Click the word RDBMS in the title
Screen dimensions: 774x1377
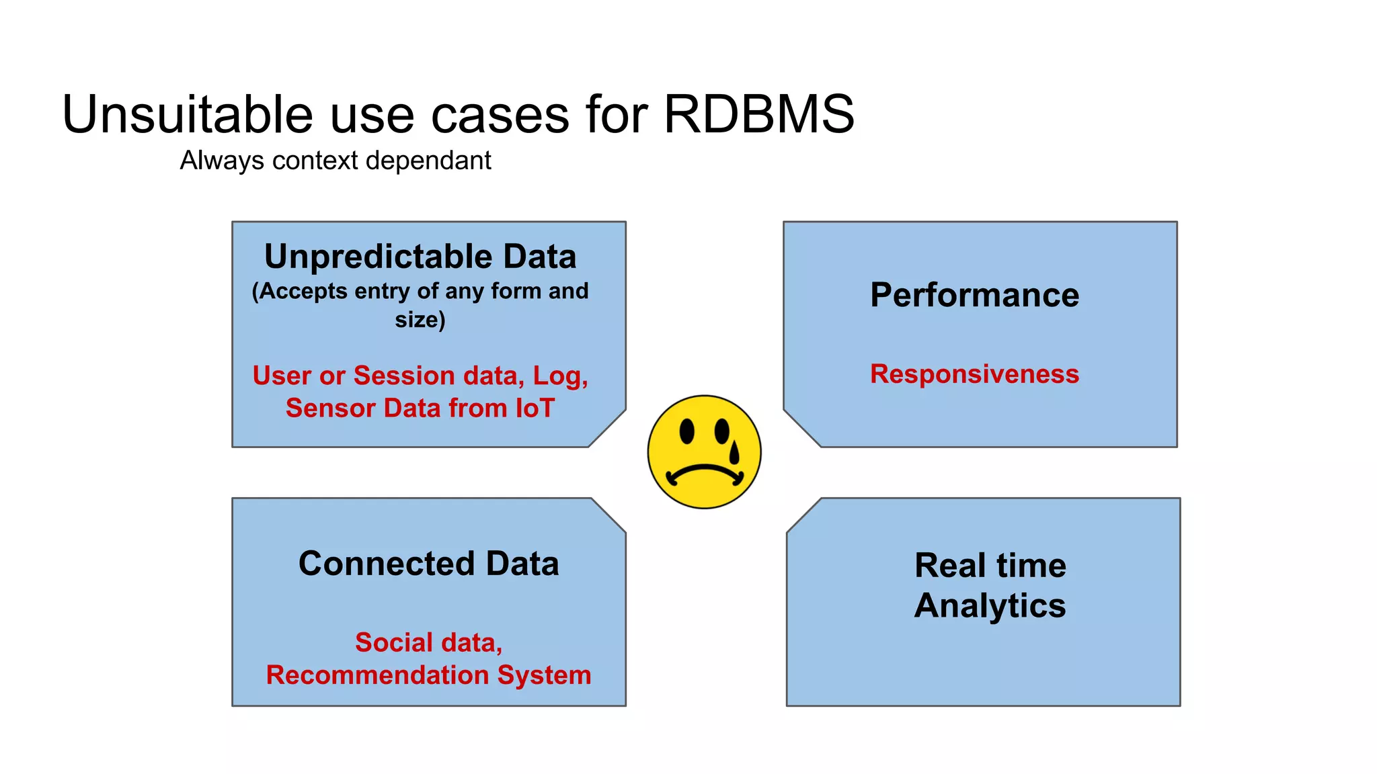tap(758, 114)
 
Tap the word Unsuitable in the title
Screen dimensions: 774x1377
tap(187, 114)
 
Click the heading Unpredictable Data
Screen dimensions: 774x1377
tap(420, 257)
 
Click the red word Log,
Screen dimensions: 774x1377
tap(560, 376)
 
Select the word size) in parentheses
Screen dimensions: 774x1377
tap(420, 319)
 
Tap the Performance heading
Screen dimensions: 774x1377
tap(974, 295)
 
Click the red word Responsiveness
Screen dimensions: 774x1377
tap(974, 374)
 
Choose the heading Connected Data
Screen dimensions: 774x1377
tap(428, 563)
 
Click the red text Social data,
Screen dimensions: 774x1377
tap(428, 642)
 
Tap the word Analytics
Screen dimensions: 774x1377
tap(990, 605)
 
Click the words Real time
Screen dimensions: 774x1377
tap(990, 565)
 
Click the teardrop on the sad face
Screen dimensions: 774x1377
tap(734, 451)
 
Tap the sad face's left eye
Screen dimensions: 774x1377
tap(686, 431)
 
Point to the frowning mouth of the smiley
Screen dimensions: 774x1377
tap(704, 472)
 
